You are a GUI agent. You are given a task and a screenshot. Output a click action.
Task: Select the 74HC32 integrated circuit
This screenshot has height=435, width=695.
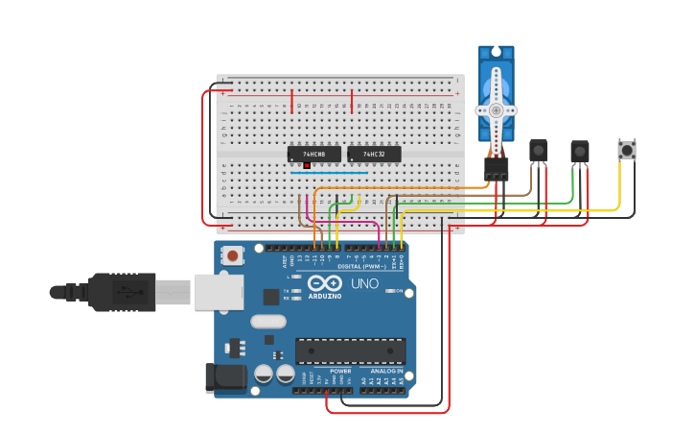tap(374, 154)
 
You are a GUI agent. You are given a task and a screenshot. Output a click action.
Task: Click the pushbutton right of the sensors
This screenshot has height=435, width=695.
tap(627, 150)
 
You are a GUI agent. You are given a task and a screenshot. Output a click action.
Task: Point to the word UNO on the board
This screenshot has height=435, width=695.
tap(364, 283)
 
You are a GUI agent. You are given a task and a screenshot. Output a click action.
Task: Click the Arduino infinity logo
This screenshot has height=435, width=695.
tap(325, 283)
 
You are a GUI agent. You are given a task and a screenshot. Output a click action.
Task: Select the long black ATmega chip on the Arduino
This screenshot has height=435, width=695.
tap(350, 351)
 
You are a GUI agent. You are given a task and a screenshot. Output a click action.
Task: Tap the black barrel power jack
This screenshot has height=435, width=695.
tap(225, 377)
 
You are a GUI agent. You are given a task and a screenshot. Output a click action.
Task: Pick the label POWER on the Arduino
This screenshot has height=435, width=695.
tap(340, 371)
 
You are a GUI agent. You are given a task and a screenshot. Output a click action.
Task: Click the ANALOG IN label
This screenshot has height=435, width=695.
tap(386, 371)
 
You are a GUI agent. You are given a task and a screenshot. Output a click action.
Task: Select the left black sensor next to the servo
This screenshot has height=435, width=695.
tap(539, 151)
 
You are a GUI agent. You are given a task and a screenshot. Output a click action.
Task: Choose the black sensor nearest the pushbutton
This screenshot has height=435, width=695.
tap(579, 152)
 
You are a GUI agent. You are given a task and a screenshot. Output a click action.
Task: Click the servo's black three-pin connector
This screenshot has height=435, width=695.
tap(496, 168)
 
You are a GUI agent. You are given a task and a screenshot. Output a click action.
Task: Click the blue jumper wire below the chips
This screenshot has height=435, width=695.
tap(331, 173)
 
